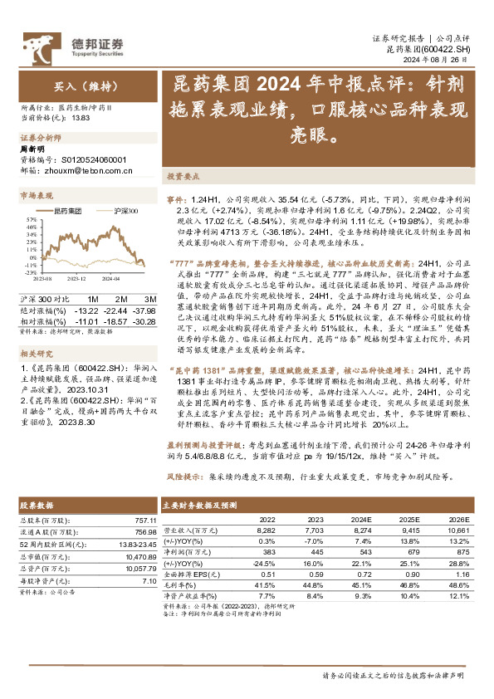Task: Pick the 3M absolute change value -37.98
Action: click(146, 309)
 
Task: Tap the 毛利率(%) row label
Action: click(179, 584)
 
